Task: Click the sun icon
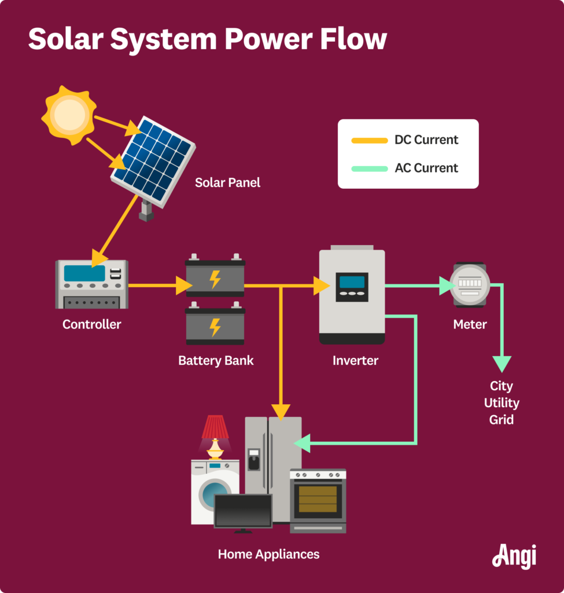pos(69,114)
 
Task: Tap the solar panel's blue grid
pos(153,158)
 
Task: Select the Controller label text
pos(92,324)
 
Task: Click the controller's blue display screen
pos(84,273)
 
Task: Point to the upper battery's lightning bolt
pos(215,279)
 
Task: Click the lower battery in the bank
pos(215,327)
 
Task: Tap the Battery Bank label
pos(216,360)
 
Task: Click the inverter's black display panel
pos(352,287)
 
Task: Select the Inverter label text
pos(355,360)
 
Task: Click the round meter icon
pos(470,284)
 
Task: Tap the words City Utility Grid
pos(502,402)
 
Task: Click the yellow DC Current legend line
pos(369,140)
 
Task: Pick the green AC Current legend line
pos(369,169)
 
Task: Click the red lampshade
pos(215,427)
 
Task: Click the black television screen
pos(243,510)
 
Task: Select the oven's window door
pos(318,499)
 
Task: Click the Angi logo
pos(514,556)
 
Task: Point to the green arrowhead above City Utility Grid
pos(502,364)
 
